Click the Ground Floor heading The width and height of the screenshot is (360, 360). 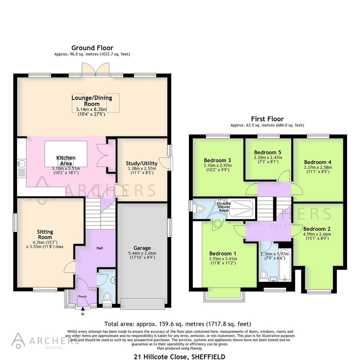click(92, 48)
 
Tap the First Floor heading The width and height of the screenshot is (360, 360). click(267, 119)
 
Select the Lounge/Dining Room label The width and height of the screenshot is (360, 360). click(92, 101)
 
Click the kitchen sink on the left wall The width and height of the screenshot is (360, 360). click(21, 164)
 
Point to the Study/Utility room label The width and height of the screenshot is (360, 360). click(142, 163)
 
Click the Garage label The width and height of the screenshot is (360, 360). click(142, 248)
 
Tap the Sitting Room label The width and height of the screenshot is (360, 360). click(45, 234)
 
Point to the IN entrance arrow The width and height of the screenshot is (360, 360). click(83, 311)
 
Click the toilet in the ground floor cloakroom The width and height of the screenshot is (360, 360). click(107, 296)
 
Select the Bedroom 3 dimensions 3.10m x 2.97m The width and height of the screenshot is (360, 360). click(218, 165)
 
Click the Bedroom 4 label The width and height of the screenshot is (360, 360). click(317, 162)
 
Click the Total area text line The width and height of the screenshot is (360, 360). click(177, 324)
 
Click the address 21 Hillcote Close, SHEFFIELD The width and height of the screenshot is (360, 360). click(179, 356)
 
